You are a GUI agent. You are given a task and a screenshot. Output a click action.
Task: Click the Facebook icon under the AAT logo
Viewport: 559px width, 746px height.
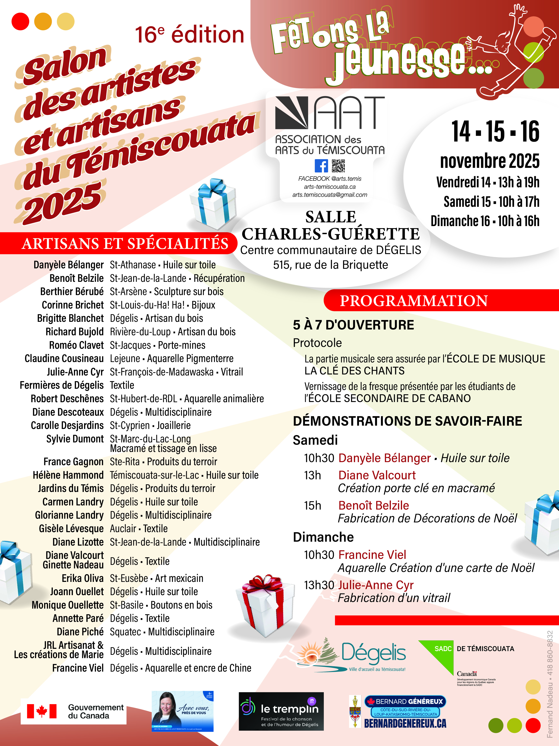[x=321, y=166]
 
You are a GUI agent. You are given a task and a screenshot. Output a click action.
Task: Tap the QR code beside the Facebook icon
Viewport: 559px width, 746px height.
[x=338, y=166]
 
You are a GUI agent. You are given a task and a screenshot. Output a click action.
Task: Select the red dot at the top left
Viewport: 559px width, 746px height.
[x=20, y=22]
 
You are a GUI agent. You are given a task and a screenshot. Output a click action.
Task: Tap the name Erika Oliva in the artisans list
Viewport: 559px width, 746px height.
[x=83, y=578]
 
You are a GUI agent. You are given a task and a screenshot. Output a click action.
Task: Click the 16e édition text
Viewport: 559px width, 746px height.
[x=189, y=35]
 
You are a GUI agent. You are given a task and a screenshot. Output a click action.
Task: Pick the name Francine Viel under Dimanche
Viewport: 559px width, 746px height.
[x=372, y=555]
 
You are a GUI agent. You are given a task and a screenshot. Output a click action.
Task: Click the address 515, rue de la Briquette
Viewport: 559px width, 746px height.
[x=330, y=265]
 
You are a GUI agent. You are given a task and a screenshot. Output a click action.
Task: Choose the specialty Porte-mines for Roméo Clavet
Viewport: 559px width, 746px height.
[x=182, y=345]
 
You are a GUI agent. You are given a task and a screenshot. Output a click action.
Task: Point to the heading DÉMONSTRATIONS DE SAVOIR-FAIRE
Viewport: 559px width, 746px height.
[x=407, y=421]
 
